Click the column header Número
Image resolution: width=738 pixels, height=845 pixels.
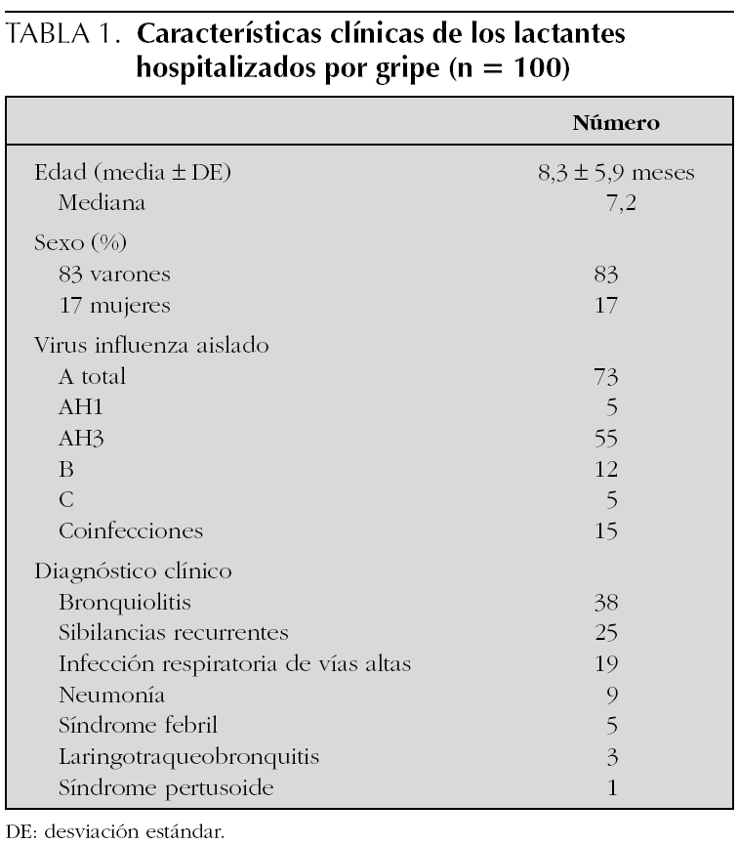tap(616, 123)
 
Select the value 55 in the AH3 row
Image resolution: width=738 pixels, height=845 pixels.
tap(605, 440)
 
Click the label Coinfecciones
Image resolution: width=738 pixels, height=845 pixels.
tap(131, 531)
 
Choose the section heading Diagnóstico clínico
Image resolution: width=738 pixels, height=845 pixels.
tap(132, 568)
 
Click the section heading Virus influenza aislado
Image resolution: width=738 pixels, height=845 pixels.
tap(152, 344)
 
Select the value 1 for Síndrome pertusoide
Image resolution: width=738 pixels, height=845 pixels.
tap(612, 787)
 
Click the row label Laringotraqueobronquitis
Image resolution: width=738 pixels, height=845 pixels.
tap(170, 756)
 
